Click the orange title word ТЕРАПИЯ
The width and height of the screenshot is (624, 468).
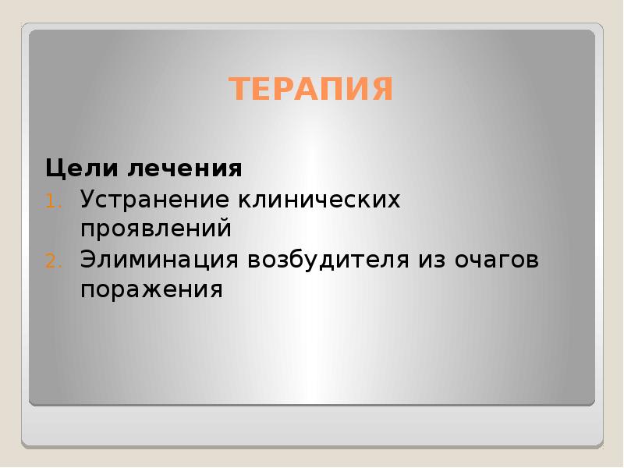click(x=311, y=90)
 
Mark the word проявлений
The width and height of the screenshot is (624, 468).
click(x=156, y=229)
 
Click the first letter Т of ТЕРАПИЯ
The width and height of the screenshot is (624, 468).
click(x=238, y=90)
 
